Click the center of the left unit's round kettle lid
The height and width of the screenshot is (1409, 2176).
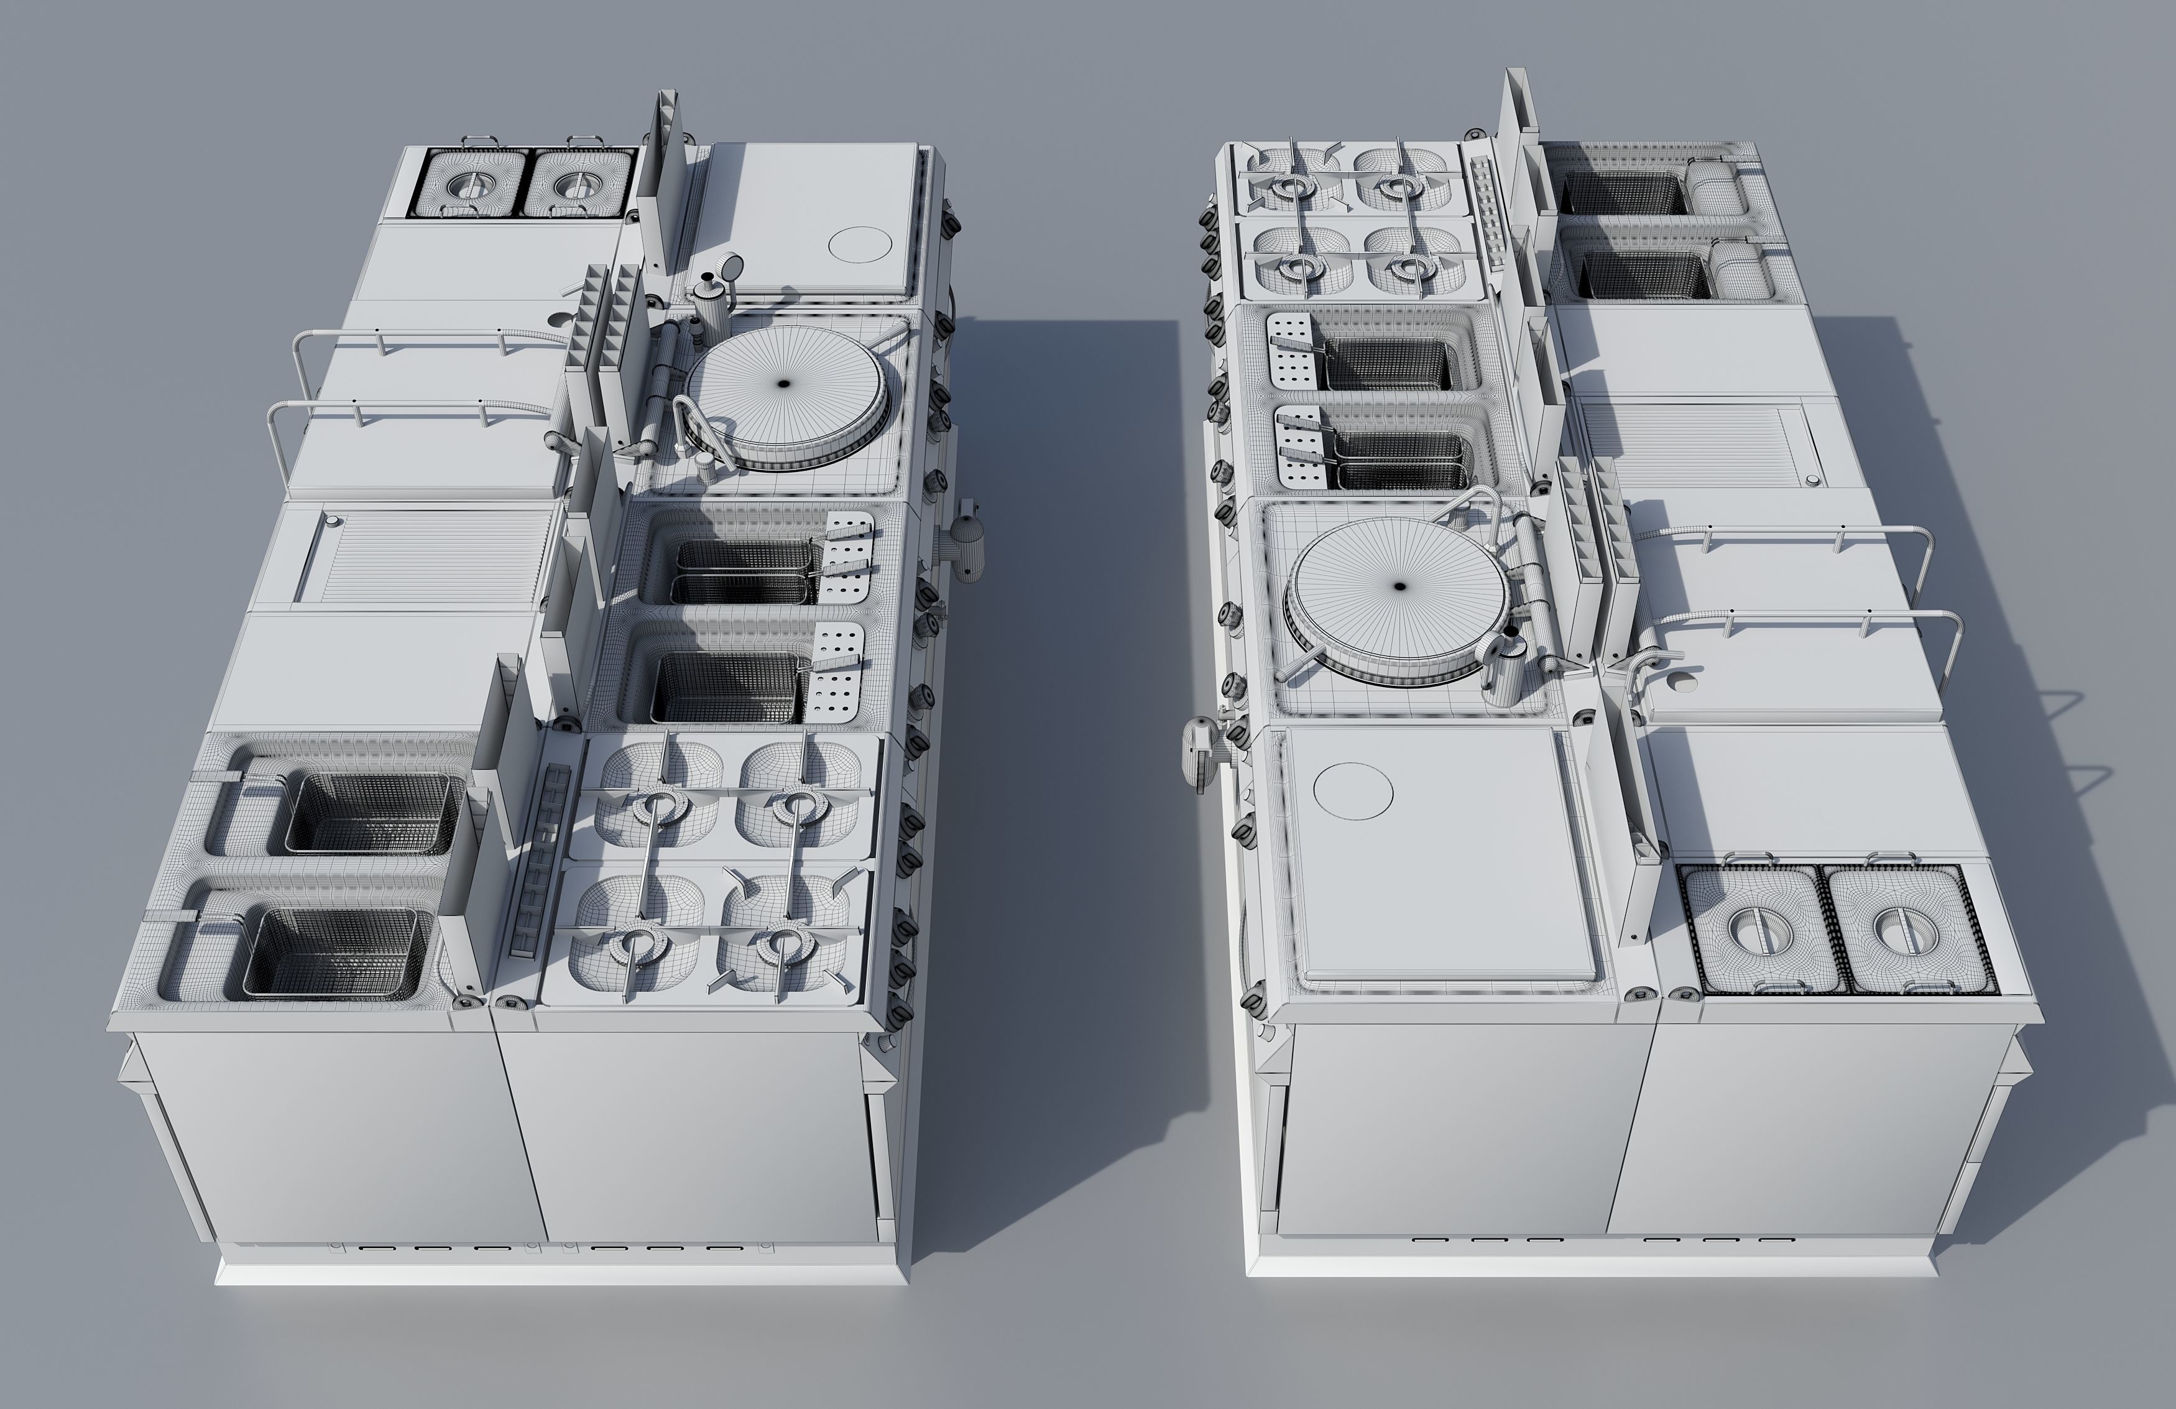pyautogui.click(x=783, y=385)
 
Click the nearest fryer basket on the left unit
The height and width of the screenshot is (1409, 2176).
pyautogui.click(x=338, y=951)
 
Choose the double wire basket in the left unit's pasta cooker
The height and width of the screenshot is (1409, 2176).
pyautogui.click(x=745, y=571)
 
